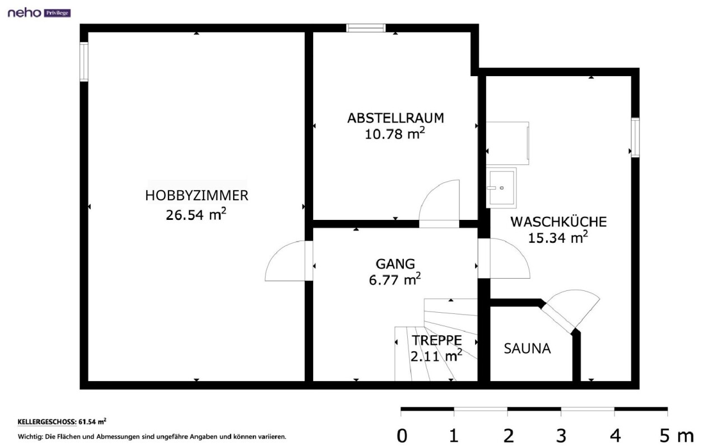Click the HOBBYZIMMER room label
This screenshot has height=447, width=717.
coord(197,195)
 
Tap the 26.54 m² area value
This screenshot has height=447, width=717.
coord(196,214)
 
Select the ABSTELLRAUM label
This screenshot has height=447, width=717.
coord(395,118)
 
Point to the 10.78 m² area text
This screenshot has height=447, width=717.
coord(395,134)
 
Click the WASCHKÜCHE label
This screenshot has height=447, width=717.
coord(558,222)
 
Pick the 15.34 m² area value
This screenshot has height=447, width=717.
coord(557,238)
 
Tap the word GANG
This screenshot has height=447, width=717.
coord(395,264)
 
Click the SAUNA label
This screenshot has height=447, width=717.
coord(527,349)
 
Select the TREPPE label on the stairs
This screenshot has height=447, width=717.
coord(436,340)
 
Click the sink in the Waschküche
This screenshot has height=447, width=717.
coord(501,188)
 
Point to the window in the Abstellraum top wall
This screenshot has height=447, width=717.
coord(366,28)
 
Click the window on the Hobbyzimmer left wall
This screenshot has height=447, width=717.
coord(84,62)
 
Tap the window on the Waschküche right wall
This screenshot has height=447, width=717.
coord(635,138)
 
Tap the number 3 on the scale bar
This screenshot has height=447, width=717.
coord(561,436)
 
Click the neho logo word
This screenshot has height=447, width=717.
coord(25,13)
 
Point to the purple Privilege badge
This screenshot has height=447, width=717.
coord(57,13)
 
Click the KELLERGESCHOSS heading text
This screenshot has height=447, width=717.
coord(47,422)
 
